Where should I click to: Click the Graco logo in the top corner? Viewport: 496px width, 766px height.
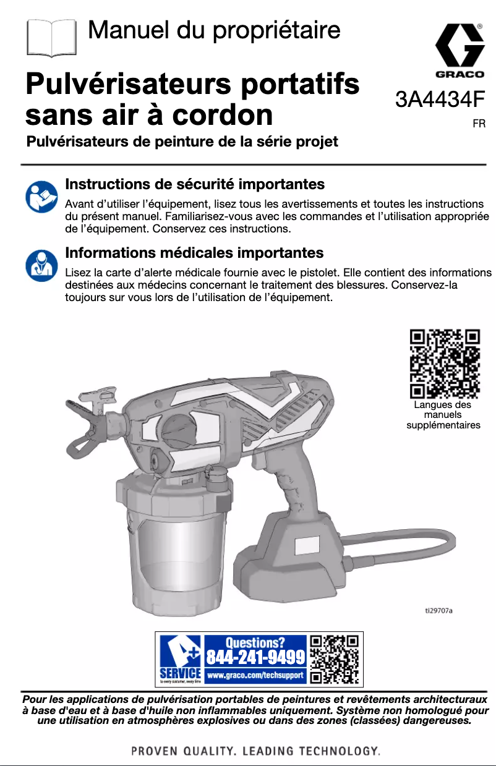tap(460, 52)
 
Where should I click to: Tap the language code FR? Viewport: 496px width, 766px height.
tap(479, 124)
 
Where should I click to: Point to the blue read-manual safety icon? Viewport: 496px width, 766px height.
tap(41, 197)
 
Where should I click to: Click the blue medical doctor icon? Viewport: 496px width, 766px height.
tap(41, 264)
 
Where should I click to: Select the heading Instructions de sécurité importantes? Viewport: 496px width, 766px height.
tap(195, 184)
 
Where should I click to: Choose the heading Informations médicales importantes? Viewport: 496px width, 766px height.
tap(194, 253)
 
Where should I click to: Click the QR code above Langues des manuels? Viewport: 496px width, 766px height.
tap(445, 364)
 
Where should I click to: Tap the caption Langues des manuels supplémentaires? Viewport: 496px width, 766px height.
tap(443, 415)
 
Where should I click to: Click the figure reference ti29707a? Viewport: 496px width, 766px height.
tap(438, 610)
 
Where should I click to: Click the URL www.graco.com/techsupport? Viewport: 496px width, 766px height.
tap(255, 676)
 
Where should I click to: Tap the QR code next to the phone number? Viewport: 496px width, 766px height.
tap(335, 659)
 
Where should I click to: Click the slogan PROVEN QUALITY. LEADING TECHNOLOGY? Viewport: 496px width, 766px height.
tap(255, 751)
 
